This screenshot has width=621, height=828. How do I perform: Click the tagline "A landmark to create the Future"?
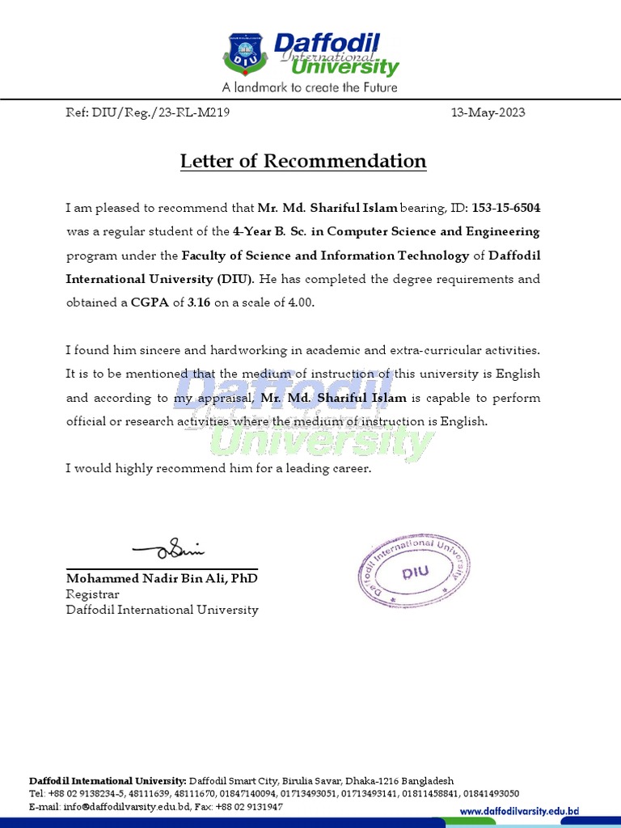(x=310, y=87)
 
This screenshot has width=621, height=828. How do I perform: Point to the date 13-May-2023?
(x=488, y=112)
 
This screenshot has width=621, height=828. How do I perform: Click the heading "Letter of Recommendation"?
(x=303, y=161)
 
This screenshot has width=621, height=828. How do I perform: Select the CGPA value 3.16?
(x=199, y=302)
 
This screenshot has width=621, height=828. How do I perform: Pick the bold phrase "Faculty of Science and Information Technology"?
(x=325, y=256)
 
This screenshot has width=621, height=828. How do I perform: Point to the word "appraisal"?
(x=228, y=398)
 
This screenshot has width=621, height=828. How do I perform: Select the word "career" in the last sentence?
(x=349, y=469)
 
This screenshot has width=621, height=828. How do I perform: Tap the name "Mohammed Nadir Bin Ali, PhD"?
(x=162, y=579)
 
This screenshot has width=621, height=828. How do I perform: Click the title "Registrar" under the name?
(x=92, y=594)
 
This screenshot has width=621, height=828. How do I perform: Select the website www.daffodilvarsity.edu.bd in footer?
(x=519, y=811)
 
